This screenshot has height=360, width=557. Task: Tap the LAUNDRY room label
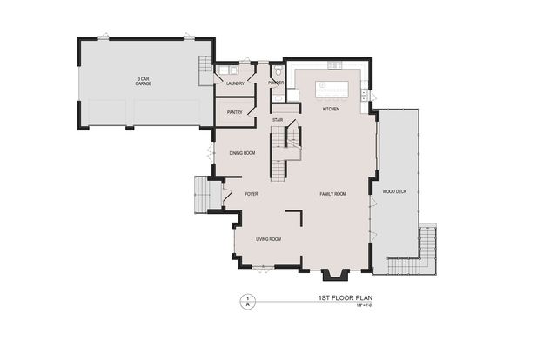coord(234,83)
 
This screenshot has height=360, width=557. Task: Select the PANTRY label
coord(234,112)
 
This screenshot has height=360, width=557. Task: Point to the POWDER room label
coord(277,83)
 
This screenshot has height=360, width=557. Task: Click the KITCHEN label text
coord(331,110)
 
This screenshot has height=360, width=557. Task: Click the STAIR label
coord(278,119)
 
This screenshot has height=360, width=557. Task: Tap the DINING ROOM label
coord(242,153)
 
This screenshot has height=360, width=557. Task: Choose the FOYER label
coord(252,194)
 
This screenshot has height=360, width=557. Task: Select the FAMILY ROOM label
coord(332,194)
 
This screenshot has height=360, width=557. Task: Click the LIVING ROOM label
coord(267,238)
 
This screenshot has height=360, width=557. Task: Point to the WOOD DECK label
coord(394,190)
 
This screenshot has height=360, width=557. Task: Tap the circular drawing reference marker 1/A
coord(247,300)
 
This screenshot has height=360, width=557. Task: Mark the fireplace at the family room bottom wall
coord(335,275)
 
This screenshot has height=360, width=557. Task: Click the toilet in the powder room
coord(278,72)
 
